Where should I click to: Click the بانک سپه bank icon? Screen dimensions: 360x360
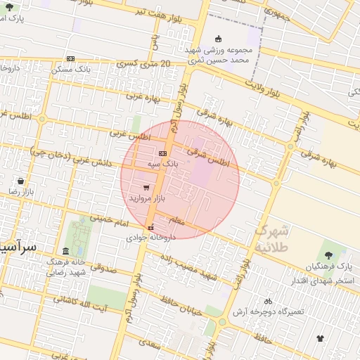click(x=163, y=153)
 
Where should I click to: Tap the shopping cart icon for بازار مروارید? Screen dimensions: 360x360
click(x=146, y=188)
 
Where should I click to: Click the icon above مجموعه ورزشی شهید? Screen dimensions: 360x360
click(x=217, y=39)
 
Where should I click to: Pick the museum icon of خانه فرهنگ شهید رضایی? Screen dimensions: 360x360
click(x=65, y=251)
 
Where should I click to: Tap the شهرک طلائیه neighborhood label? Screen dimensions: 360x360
click(x=271, y=239)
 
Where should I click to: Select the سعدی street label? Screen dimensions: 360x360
click(x=150, y=344)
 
